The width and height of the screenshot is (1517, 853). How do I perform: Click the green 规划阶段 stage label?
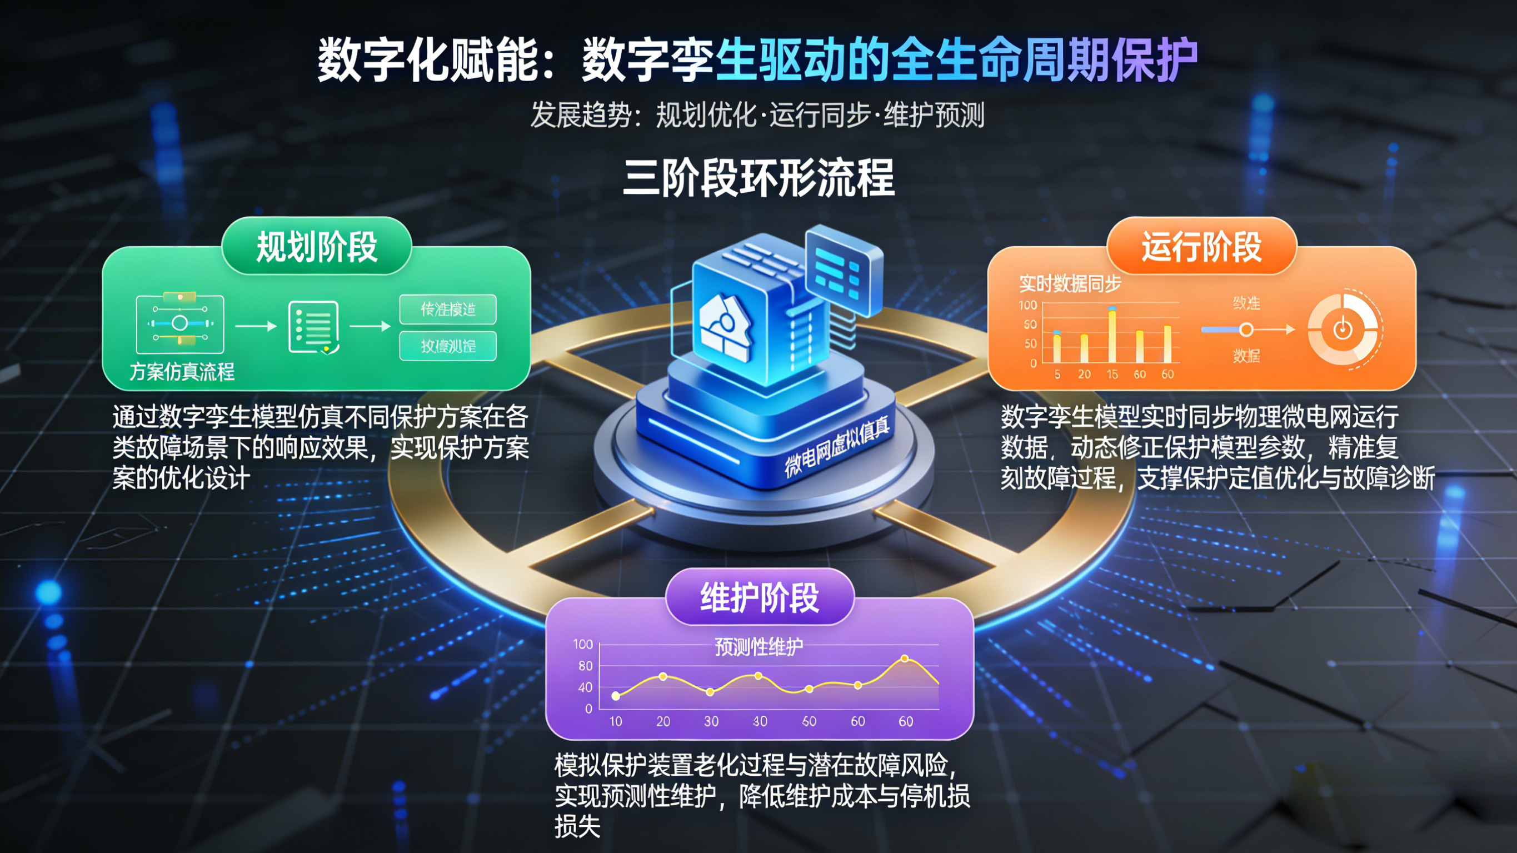pos(316,246)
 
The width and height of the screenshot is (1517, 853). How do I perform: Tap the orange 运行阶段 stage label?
pos(1201,246)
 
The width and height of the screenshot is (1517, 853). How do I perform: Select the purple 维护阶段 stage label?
pos(759,597)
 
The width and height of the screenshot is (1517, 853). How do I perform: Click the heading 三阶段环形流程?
pos(758,178)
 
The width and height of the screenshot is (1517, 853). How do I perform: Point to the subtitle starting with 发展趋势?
pos(757,114)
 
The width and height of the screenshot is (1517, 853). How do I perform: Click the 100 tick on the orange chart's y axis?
pos(1027,305)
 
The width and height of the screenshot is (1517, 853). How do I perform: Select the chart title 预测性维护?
pos(758,647)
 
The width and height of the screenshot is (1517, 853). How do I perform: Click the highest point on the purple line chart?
pos(905,659)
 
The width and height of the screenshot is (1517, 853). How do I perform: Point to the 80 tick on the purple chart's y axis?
pos(585,666)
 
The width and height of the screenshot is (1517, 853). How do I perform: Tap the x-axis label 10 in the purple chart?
pos(615,721)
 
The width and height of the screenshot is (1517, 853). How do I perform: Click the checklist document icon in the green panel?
pos(313,327)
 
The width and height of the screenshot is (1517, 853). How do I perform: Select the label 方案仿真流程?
pos(182,372)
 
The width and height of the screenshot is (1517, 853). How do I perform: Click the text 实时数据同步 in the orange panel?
pos(1070,284)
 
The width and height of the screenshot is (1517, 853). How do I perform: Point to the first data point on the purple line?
pos(615,696)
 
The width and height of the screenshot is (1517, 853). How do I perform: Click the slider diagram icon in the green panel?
pos(179,324)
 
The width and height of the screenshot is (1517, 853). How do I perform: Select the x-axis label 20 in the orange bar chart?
pos(1084,374)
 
